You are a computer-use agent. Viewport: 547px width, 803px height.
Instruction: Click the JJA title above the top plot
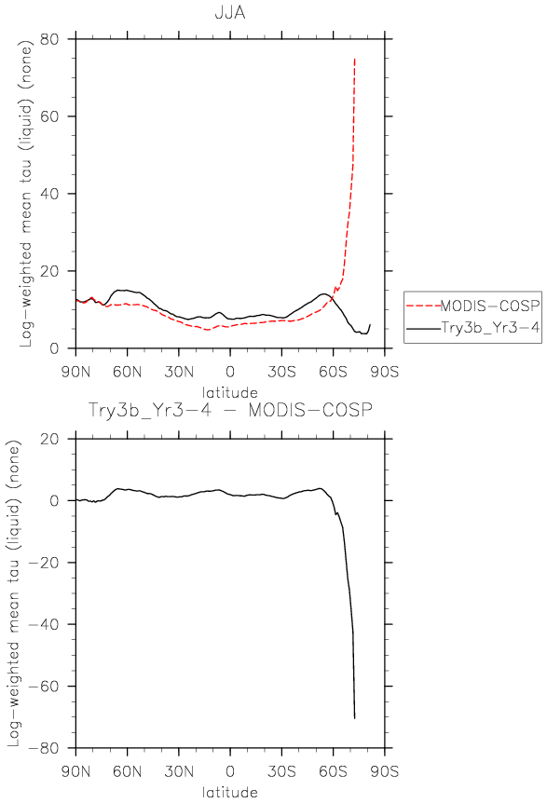(230, 12)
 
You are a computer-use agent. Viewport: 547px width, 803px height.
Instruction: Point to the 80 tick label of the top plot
(49, 39)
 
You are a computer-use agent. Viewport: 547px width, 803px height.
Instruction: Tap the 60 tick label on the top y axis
(49, 116)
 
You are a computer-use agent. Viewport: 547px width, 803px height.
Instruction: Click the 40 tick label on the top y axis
(49, 194)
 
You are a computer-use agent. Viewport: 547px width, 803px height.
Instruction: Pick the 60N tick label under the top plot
(127, 372)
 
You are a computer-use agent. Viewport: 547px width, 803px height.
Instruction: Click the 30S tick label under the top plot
(281, 372)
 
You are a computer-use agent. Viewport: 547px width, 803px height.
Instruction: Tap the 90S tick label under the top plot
(384, 372)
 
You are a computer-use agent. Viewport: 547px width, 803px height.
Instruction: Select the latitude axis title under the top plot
(230, 393)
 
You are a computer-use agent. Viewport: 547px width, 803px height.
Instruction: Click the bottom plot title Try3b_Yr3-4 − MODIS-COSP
(230, 410)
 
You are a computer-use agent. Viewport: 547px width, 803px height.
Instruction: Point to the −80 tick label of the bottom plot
(44, 748)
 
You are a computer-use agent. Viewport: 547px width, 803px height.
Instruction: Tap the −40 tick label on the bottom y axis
(44, 624)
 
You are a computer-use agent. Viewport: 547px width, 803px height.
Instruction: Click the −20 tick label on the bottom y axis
(44, 563)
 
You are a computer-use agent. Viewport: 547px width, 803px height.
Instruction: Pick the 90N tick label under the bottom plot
(75, 770)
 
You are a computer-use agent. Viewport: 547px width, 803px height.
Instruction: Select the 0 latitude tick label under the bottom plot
(230, 770)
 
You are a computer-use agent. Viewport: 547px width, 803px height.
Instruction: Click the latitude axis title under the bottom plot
(230, 792)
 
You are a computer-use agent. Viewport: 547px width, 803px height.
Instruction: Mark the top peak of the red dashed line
(354, 59)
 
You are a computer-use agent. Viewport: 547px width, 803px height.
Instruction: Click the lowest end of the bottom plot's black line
(354, 718)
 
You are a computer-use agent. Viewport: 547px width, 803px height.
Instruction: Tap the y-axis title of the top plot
(25, 194)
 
